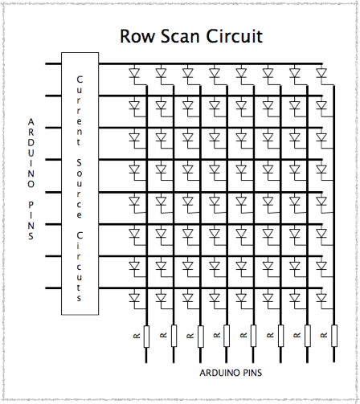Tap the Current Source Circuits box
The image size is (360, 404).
pyautogui.click(x=80, y=183)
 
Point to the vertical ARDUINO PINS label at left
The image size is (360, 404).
pyautogui.click(x=31, y=178)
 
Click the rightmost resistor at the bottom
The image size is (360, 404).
pyautogui.click(x=333, y=335)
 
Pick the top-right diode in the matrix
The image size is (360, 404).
pyautogui.click(x=321, y=74)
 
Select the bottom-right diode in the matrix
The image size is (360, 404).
pyautogui.click(x=321, y=299)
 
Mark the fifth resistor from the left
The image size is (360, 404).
pyautogui.click(x=253, y=335)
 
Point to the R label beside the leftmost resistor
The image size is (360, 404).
pyautogui.click(x=136, y=335)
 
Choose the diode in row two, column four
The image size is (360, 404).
pyautogui.click(x=214, y=106)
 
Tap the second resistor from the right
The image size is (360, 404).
pyautogui.click(x=307, y=335)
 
